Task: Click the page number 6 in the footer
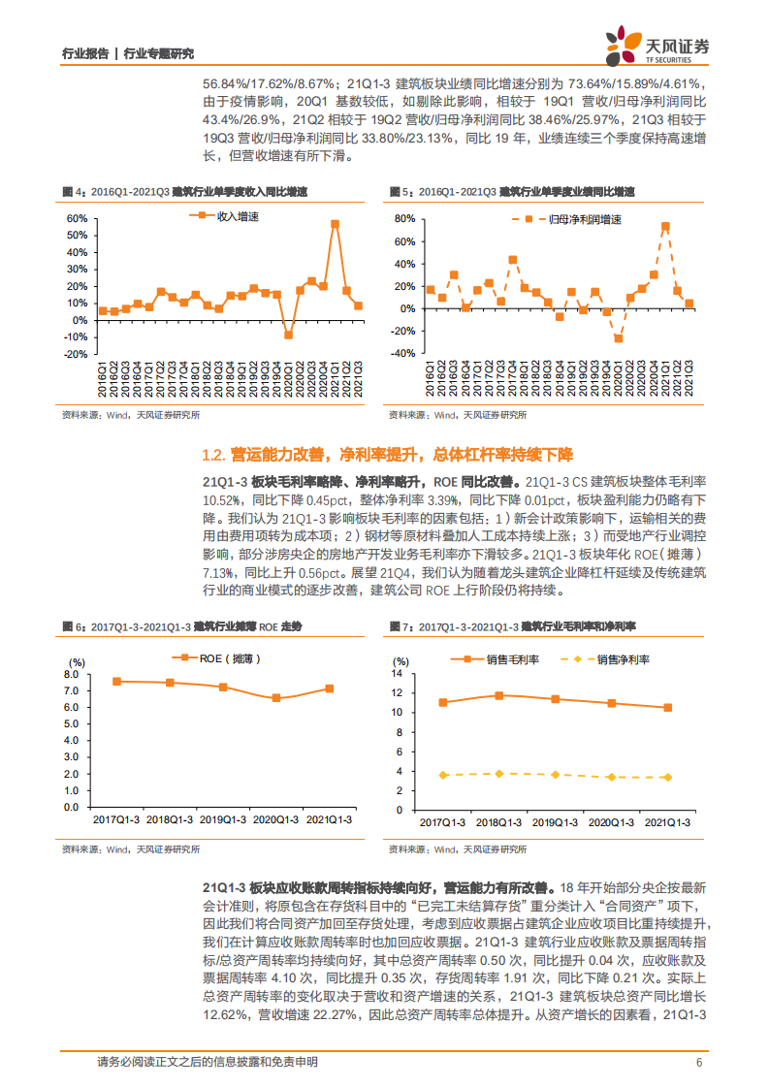698,1062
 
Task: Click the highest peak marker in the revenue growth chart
335,224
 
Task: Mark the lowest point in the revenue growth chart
288,335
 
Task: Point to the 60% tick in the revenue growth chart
78,219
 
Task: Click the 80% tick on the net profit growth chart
403,219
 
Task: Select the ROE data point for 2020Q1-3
276,698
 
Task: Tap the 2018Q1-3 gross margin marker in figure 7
499,695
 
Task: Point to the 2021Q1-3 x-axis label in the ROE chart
329,820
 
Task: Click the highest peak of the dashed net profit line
665,227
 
